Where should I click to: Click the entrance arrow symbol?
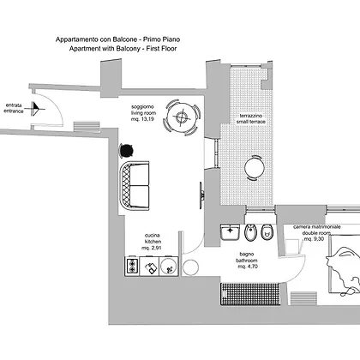(x=35, y=109)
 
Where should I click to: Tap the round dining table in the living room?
(x=182, y=117)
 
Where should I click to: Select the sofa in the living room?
(x=135, y=186)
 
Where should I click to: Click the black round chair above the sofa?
(x=126, y=150)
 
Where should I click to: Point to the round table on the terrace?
(x=255, y=168)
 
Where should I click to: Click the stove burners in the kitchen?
(x=132, y=267)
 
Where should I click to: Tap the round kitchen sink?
(x=169, y=267)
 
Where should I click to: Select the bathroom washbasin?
(x=230, y=232)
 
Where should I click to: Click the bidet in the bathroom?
(x=251, y=232)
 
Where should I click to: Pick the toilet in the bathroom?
(x=267, y=232)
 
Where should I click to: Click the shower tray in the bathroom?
(x=250, y=294)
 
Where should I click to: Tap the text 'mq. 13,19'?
(x=142, y=119)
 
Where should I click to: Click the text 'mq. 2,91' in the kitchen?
(x=152, y=248)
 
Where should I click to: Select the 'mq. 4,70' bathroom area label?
(x=248, y=267)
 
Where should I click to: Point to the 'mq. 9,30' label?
(x=314, y=239)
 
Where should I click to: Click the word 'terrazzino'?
(x=251, y=116)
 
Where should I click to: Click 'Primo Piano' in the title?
(x=161, y=39)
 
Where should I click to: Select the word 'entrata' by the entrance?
(x=14, y=105)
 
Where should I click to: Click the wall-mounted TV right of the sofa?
(x=201, y=195)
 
